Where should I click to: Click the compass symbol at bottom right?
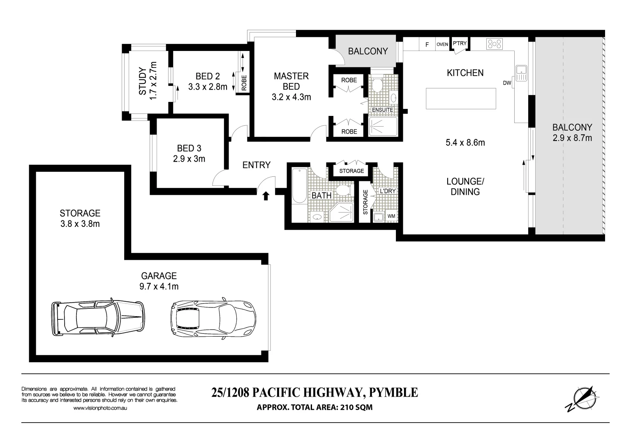coord(581,398)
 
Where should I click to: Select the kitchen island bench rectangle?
coord(460,99)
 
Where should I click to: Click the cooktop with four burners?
coord(495,44)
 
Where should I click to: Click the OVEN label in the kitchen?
coord(442,44)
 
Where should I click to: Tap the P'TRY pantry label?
coord(460,43)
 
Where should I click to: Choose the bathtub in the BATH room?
coord(299,186)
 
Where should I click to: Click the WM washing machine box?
coord(391,216)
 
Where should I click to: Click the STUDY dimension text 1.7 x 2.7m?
coord(153,80)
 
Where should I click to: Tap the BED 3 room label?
coord(189,148)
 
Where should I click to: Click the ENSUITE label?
coord(382,110)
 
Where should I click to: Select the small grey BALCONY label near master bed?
coord(368,51)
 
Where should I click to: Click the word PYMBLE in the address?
coord(393,393)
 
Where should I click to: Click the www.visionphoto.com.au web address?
coord(100,408)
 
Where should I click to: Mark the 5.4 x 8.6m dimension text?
coord(465,143)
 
